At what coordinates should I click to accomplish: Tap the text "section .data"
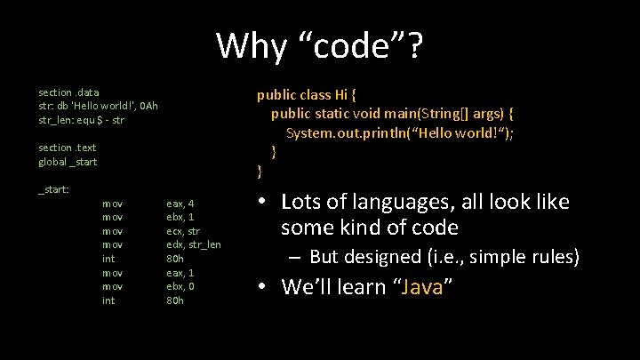pos(68,92)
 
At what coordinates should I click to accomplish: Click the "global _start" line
pos(68,161)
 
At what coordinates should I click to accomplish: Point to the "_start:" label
pos(53,188)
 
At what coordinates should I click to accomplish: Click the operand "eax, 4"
pos(180,203)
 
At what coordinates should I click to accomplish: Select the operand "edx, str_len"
pos(194,244)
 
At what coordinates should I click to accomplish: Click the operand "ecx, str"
pos(184,230)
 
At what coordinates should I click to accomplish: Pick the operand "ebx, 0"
pos(180,286)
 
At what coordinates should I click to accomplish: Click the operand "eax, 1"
pos(180,272)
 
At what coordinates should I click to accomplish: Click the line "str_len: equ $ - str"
pos(81,119)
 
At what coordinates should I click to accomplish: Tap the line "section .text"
pos(68,147)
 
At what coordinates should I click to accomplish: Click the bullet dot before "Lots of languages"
pos(263,203)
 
